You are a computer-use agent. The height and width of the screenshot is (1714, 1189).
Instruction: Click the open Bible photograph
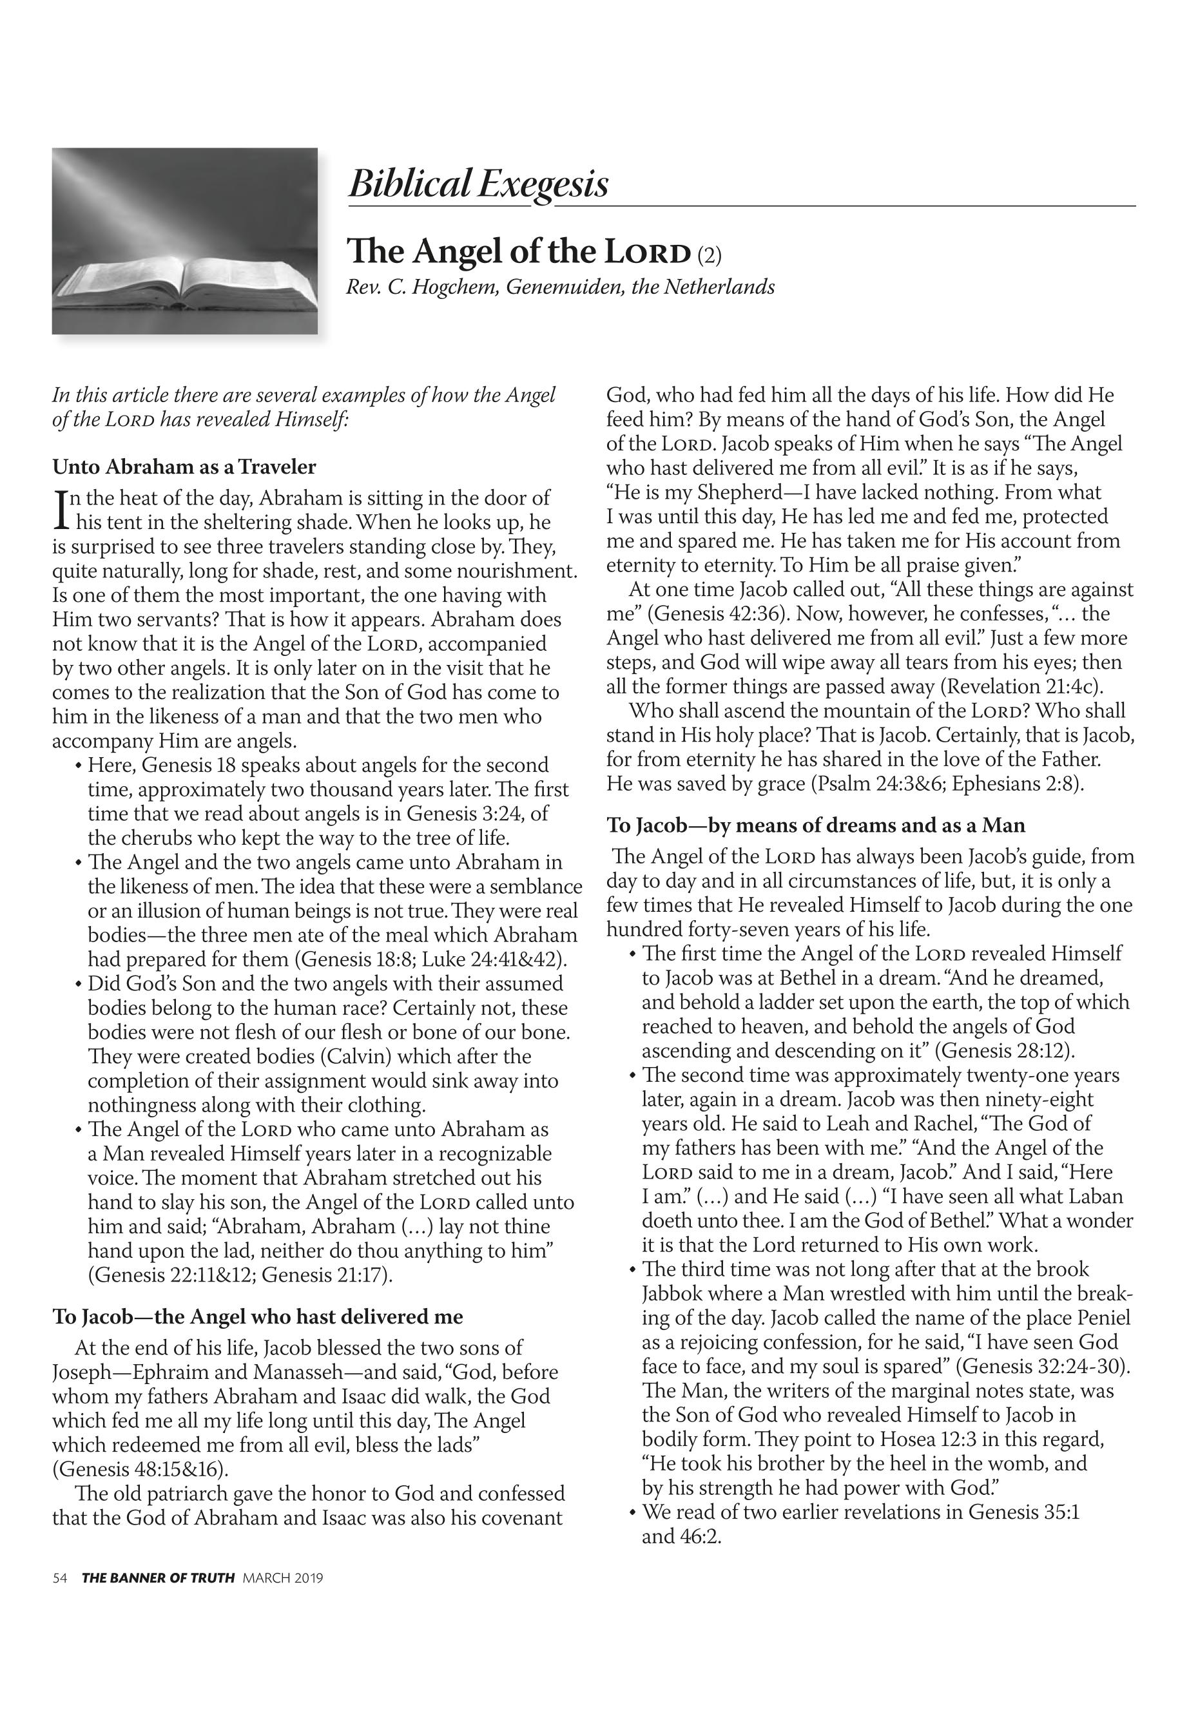[184, 240]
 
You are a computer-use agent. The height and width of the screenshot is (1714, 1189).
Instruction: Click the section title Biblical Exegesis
[478, 183]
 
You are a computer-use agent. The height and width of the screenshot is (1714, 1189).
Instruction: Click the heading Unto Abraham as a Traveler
[184, 467]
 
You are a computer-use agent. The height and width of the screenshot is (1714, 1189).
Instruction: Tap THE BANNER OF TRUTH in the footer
[158, 1577]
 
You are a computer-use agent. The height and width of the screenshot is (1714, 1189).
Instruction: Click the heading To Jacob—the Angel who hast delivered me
[258, 1316]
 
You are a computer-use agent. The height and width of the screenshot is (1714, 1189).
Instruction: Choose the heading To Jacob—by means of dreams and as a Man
[816, 825]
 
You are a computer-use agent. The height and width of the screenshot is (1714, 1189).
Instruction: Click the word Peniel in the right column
[1104, 1317]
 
